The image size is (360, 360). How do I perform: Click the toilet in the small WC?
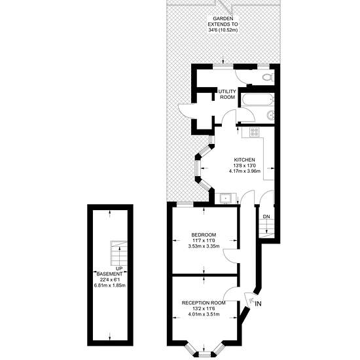(268, 77)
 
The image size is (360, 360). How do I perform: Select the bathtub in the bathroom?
(258, 100)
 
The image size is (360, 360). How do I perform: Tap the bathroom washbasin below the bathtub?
(271, 115)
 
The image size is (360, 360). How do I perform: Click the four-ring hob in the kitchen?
(255, 132)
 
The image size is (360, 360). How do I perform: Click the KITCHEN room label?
(244, 160)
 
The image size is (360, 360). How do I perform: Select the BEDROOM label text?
(204, 235)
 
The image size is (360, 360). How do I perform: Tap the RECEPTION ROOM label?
(204, 303)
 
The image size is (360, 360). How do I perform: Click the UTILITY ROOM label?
(227, 94)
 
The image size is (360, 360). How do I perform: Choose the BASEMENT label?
(109, 274)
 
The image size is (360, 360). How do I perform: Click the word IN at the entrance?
(259, 304)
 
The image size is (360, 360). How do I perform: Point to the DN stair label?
(266, 217)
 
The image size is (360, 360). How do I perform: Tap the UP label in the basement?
(119, 268)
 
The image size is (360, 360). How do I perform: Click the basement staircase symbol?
(118, 253)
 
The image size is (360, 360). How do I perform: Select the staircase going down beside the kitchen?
(266, 228)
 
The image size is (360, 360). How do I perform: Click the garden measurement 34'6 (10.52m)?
(223, 30)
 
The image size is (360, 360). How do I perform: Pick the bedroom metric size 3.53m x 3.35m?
(204, 246)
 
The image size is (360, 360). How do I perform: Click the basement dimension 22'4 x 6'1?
(110, 279)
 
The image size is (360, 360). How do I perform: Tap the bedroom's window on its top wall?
(185, 203)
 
